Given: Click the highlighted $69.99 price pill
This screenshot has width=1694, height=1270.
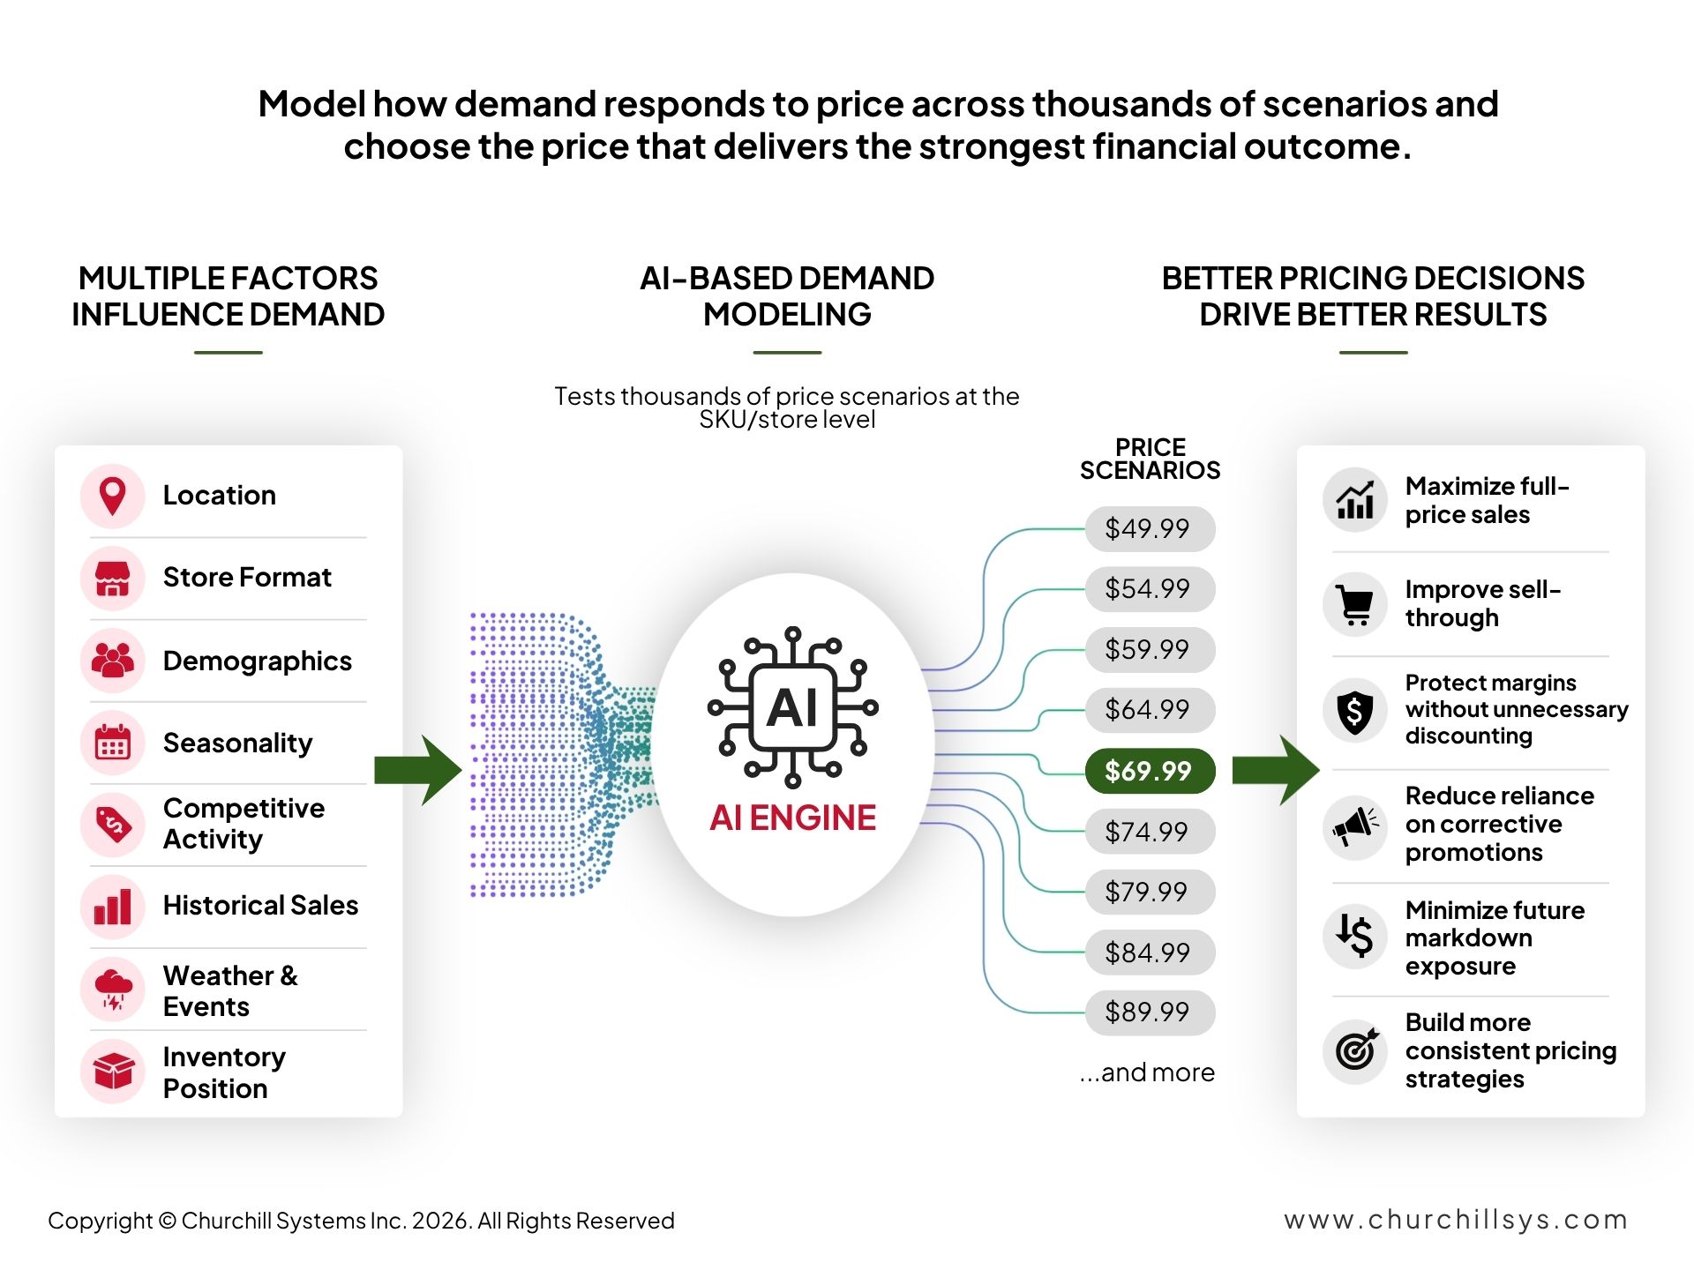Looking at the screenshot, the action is (x=1150, y=771).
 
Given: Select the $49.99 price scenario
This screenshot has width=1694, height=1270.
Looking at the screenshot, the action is (x=1150, y=528).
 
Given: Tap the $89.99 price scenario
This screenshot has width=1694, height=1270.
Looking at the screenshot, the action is (x=1150, y=1012).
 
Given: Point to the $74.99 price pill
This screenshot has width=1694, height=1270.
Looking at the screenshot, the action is (x=1150, y=832).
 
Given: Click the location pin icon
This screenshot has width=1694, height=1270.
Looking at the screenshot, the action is (x=112, y=496).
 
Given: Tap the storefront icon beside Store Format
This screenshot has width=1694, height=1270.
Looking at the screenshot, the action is (x=112, y=579).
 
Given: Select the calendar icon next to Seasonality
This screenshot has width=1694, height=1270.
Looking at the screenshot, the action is (x=112, y=743).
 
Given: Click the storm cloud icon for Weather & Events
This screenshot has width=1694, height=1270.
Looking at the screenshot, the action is (x=113, y=989).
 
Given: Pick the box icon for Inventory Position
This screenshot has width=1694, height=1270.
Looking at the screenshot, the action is (x=113, y=1071).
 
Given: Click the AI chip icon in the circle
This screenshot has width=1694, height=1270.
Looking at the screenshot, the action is (x=792, y=707).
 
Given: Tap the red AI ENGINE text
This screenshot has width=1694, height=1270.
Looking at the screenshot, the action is (x=792, y=818).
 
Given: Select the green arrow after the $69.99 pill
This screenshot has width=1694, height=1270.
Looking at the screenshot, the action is (x=1276, y=770).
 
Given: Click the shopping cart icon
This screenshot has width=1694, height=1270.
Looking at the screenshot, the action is (x=1355, y=604).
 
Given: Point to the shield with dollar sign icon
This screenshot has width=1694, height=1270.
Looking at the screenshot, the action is (x=1355, y=711).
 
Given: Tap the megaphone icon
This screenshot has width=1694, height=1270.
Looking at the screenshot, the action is (x=1355, y=826).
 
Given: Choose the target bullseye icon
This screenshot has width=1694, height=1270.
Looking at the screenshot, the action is (x=1356, y=1049).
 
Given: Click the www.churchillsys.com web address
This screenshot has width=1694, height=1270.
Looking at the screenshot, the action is (x=1456, y=1220).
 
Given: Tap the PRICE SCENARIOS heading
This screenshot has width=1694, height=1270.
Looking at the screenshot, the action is (x=1150, y=459).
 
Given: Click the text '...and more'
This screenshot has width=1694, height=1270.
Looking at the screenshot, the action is (x=1147, y=1072).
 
